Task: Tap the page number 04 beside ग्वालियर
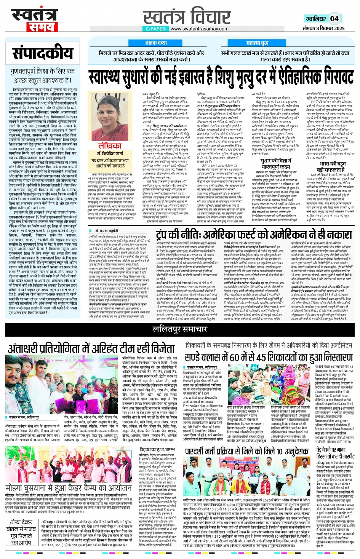click(334, 19)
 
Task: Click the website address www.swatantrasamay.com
click(199, 29)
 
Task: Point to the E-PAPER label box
click(155, 29)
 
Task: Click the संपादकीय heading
click(42, 54)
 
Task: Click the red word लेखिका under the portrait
click(110, 146)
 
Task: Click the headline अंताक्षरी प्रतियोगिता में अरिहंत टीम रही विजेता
click(91, 348)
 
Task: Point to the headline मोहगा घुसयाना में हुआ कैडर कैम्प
click(69, 488)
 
